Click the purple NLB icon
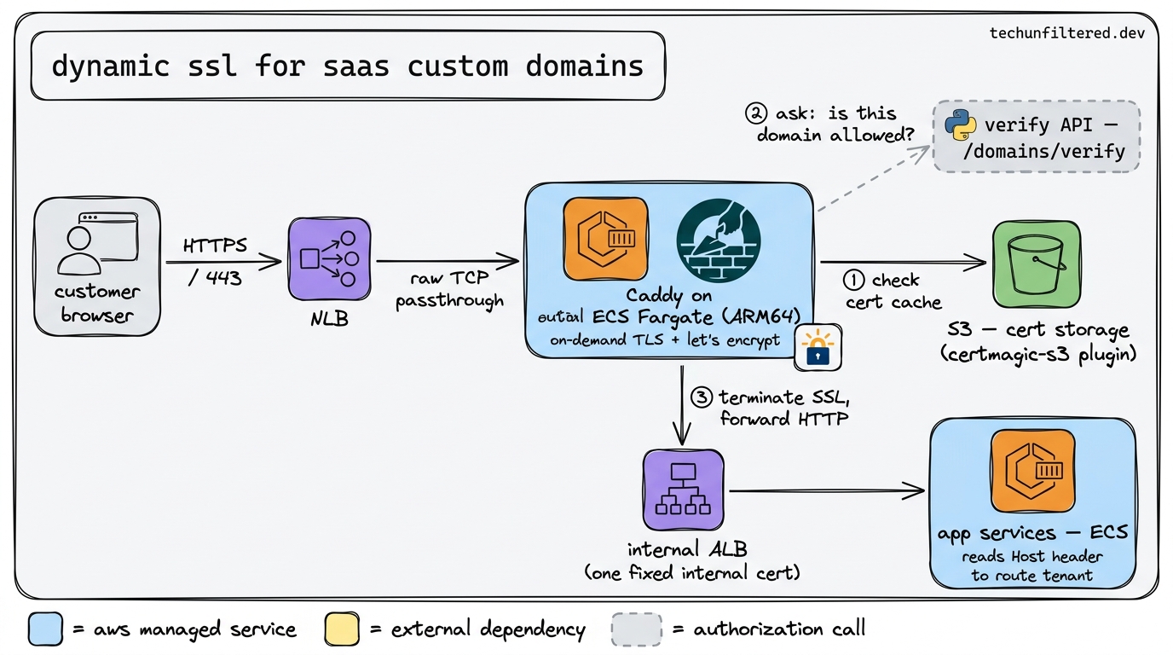[x=329, y=258]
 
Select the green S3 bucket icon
[x=1036, y=264]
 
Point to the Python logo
[x=961, y=125]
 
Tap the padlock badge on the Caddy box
[x=818, y=348]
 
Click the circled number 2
[x=755, y=113]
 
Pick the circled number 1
[x=853, y=280]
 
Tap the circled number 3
[x=701, y=397]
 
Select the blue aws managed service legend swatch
[x=45, y=629]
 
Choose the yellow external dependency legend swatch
[x=342, y=629]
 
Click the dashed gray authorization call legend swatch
[x=636, y=629]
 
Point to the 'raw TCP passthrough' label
[x=449, y=290]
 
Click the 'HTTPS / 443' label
[x=214, y=261]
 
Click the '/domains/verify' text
[x=1055, y=152]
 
